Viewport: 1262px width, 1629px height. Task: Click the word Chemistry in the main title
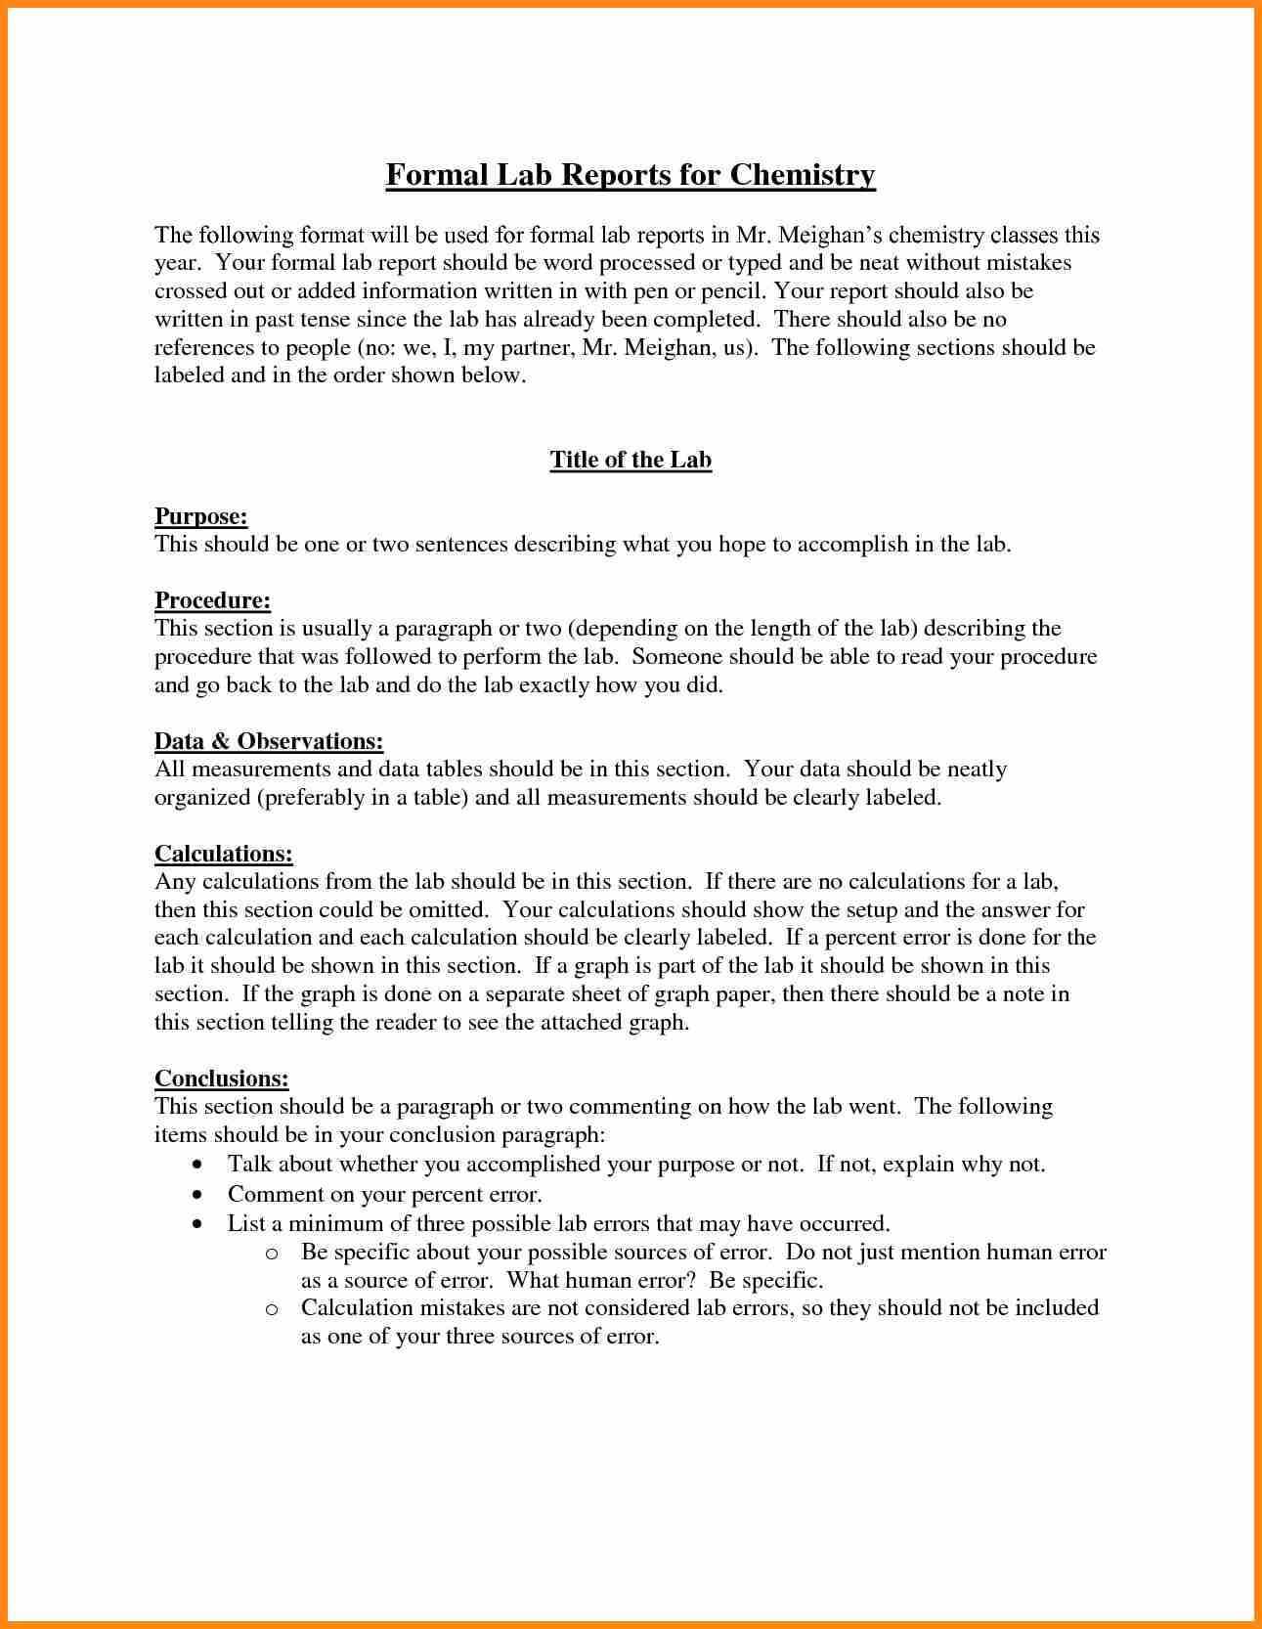802,175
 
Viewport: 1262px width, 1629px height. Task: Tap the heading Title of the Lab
631,460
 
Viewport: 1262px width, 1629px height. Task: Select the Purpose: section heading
200,516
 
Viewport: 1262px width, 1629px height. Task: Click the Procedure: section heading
212,600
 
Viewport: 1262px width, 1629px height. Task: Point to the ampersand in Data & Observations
219,741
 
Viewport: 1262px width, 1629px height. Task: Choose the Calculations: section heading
224,854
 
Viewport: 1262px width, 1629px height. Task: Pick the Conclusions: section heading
222,1079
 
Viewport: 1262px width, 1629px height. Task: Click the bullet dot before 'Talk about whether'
199,1166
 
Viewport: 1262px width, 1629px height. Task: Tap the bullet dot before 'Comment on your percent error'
199,1195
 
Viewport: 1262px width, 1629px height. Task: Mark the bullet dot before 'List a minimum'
199,1224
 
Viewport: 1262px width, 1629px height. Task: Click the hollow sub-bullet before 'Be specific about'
273,1254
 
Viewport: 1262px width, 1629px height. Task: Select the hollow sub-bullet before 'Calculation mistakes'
273,1309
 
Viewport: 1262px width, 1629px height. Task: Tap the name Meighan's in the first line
830,236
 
